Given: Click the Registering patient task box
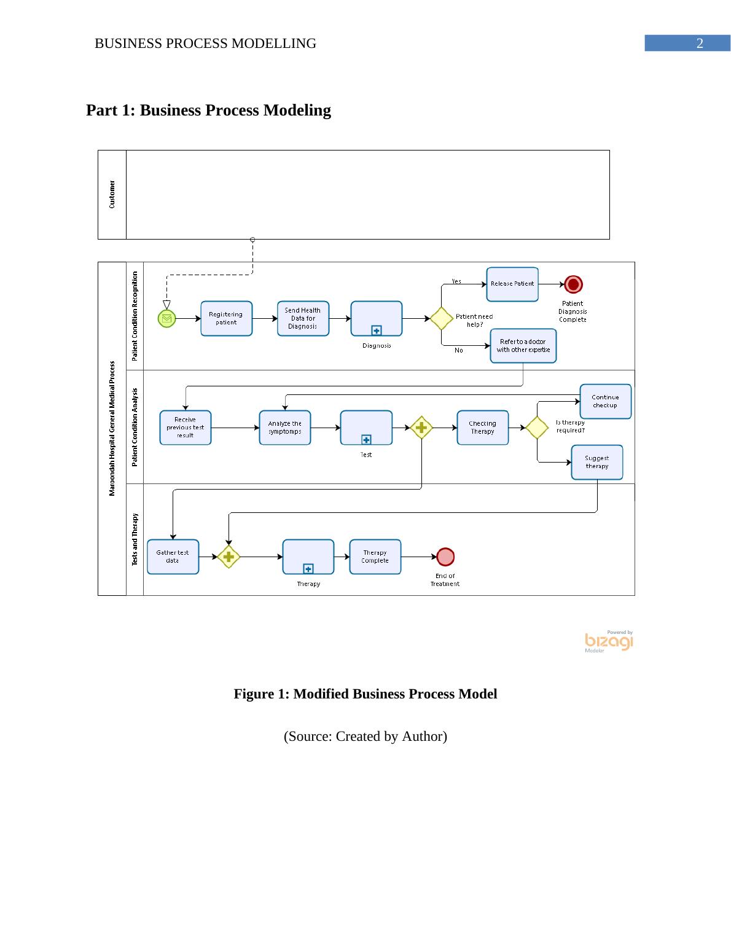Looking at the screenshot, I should pyautogui.click(x=226, y=318).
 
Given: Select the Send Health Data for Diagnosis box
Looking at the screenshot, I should pyautogui.click(x=303, y=318).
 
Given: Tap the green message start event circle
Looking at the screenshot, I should pyautogui.click(x=166, y=318).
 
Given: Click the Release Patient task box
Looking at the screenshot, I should pyautogui.click(x=512, y=284).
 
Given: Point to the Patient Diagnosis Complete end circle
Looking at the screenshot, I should pyautogui.click(x=573, y=284).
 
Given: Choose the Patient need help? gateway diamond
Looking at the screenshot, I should pyautogui.click(x=441, y=318).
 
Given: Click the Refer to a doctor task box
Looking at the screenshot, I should pyautogui.click(x=523, y=346).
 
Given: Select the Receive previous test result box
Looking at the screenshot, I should pyautogui.click(x=185, y=428).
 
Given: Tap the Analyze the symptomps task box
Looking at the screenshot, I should pyautogui.click(x=284, y=428).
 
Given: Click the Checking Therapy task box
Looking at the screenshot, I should pyautogui.click(x=482, y=428).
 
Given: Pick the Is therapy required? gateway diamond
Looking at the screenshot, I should pyautogui.click(x=537, y=428).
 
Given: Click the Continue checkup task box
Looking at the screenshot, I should pyautogui.click(x=605, y=401).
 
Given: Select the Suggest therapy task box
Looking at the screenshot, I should pyautogui.click(x=596, y=462).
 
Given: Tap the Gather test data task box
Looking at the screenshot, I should pyautogui.click(x=173, y=557).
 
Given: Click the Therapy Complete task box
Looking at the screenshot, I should pyautogui.click(x=375, y=557).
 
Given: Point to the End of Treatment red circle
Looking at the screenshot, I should pyautogui.click(x=445, y=557).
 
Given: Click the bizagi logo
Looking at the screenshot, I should pyautogui.click(x=609, y=641).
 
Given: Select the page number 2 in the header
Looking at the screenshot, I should pyautogui.click(x=699, y=44).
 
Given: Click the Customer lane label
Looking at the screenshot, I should pyautogui.click(x=112, y=194).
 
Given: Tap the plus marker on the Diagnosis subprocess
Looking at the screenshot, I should pyautogui.click(x=377, y=330).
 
